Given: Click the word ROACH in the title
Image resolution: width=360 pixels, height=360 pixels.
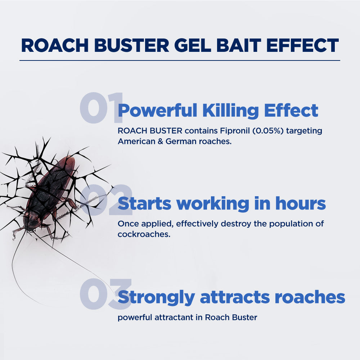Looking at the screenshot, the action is point(55,45).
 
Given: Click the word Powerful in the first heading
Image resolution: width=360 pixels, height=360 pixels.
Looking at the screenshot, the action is point(158,111).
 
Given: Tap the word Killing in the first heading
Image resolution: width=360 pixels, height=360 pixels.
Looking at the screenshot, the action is point(230,111).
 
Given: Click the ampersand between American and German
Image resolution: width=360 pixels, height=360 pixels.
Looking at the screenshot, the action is point(160,141).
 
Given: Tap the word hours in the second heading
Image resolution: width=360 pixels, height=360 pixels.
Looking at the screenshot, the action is point(300,203).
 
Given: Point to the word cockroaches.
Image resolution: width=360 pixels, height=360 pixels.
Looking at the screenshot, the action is point(144,234).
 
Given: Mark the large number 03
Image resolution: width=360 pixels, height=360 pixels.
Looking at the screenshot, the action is point(105,294).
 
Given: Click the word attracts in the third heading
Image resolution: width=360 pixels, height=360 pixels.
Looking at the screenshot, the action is point(235,297).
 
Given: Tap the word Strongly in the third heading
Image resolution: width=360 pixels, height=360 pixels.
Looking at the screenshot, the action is point(156,298).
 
